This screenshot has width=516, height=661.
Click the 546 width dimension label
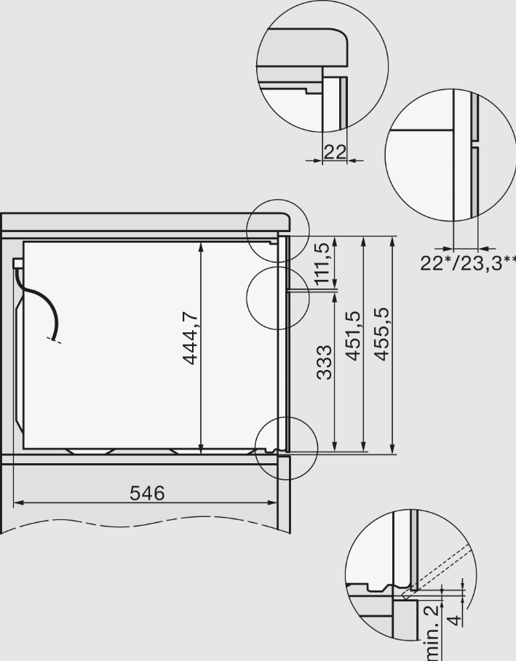(147, 493)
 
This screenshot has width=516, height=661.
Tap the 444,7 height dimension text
(190, 337)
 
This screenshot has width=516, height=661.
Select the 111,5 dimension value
(322, 263)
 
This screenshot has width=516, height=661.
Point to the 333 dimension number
(324, 363)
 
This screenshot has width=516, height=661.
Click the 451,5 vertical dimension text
(353, 335)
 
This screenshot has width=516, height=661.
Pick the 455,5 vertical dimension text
(382, 334)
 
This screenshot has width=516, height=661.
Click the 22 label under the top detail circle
(335, 152)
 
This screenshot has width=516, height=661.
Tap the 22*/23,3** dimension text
(468, 263)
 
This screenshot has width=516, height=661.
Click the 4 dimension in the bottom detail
(454, 620)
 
